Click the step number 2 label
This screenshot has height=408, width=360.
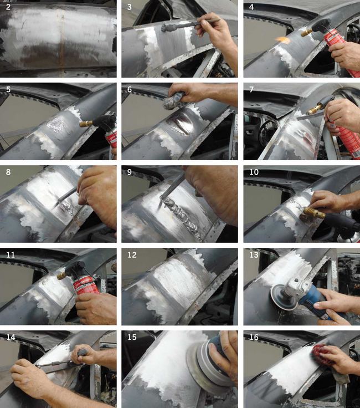pos(8,7)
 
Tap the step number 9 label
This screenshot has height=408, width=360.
pos(129,172)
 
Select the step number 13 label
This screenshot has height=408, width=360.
pos(254,255)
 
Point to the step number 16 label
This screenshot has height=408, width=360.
pos(254,337)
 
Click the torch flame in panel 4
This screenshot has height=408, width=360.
pos(283,39)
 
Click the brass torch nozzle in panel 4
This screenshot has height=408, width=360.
pos(307,32)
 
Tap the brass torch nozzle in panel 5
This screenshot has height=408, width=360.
pos(86,123)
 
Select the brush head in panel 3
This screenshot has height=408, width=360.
pos(168,27)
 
